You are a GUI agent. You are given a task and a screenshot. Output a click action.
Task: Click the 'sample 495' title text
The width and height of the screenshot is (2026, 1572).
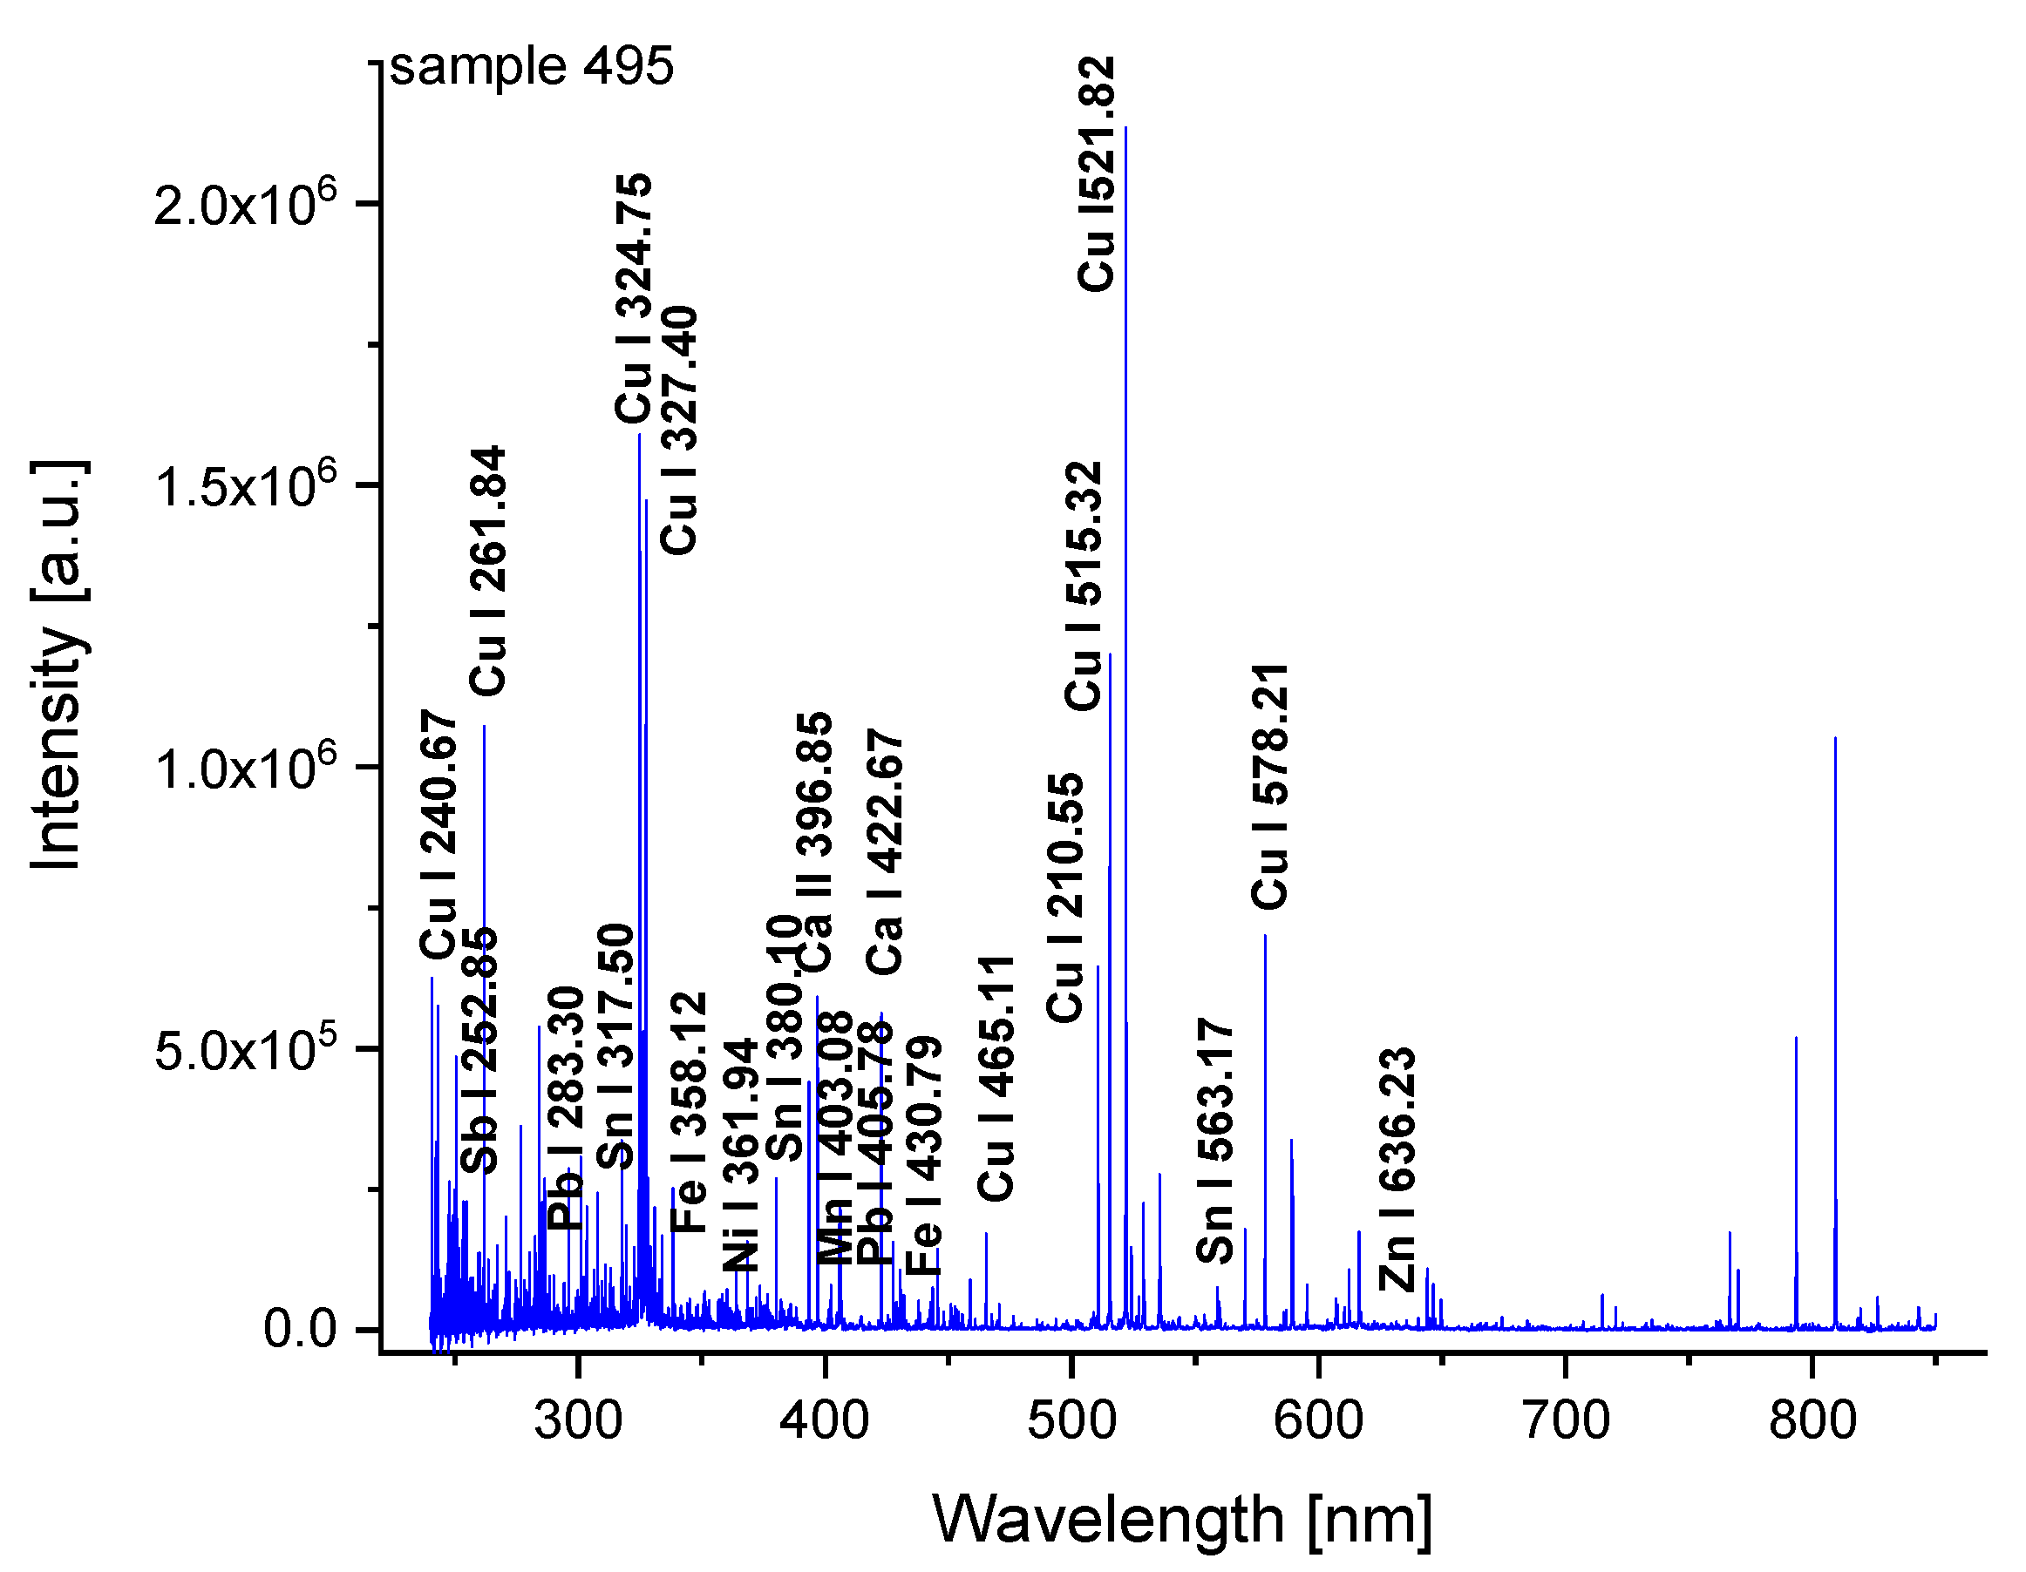click(x=532, y=67)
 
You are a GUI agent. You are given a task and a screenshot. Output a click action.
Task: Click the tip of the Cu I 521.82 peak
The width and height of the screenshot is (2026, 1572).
click(x=1125, y=128)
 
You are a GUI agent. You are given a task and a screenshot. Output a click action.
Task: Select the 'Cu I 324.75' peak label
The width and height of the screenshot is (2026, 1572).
click(x=636, y=298)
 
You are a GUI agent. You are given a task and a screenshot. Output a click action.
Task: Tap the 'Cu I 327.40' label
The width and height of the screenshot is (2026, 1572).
click(x=679, y=430)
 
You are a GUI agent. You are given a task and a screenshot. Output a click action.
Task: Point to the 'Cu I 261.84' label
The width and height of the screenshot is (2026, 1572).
click(x=488, y=572)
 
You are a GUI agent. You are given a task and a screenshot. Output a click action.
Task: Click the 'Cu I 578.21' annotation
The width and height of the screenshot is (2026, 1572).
click(x=1270, y=787)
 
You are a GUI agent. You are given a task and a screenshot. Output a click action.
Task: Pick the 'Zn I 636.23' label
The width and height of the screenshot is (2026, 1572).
click(x=1397, y=1169)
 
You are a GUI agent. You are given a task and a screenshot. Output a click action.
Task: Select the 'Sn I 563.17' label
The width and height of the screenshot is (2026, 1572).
click(x=1215, y=1141)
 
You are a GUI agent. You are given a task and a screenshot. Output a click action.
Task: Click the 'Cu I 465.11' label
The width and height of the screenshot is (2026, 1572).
click(x=997, y=1079)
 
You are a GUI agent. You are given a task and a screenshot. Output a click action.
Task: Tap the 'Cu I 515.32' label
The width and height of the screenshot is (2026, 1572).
click(x=1084, y=586)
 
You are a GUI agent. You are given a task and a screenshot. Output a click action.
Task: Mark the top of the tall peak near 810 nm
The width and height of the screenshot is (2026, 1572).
click(x=1835, y=738)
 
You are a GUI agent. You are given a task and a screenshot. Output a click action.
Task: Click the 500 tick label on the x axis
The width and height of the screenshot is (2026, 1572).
click(x=1071, y=1422)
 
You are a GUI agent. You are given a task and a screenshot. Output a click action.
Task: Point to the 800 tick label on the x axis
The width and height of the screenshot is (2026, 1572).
click(x=1812, y=1422)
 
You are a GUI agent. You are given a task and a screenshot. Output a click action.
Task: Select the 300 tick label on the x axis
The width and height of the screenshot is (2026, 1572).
click(x=577, y=1422)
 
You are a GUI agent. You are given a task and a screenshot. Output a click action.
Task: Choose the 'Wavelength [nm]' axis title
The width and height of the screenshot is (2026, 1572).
click(x=1182, y=1519)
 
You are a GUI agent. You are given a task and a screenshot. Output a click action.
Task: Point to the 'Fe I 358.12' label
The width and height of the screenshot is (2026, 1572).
click(x=690, y=1112)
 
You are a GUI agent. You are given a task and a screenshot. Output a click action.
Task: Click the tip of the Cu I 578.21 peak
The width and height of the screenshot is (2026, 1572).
click(x=1265, y=936)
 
